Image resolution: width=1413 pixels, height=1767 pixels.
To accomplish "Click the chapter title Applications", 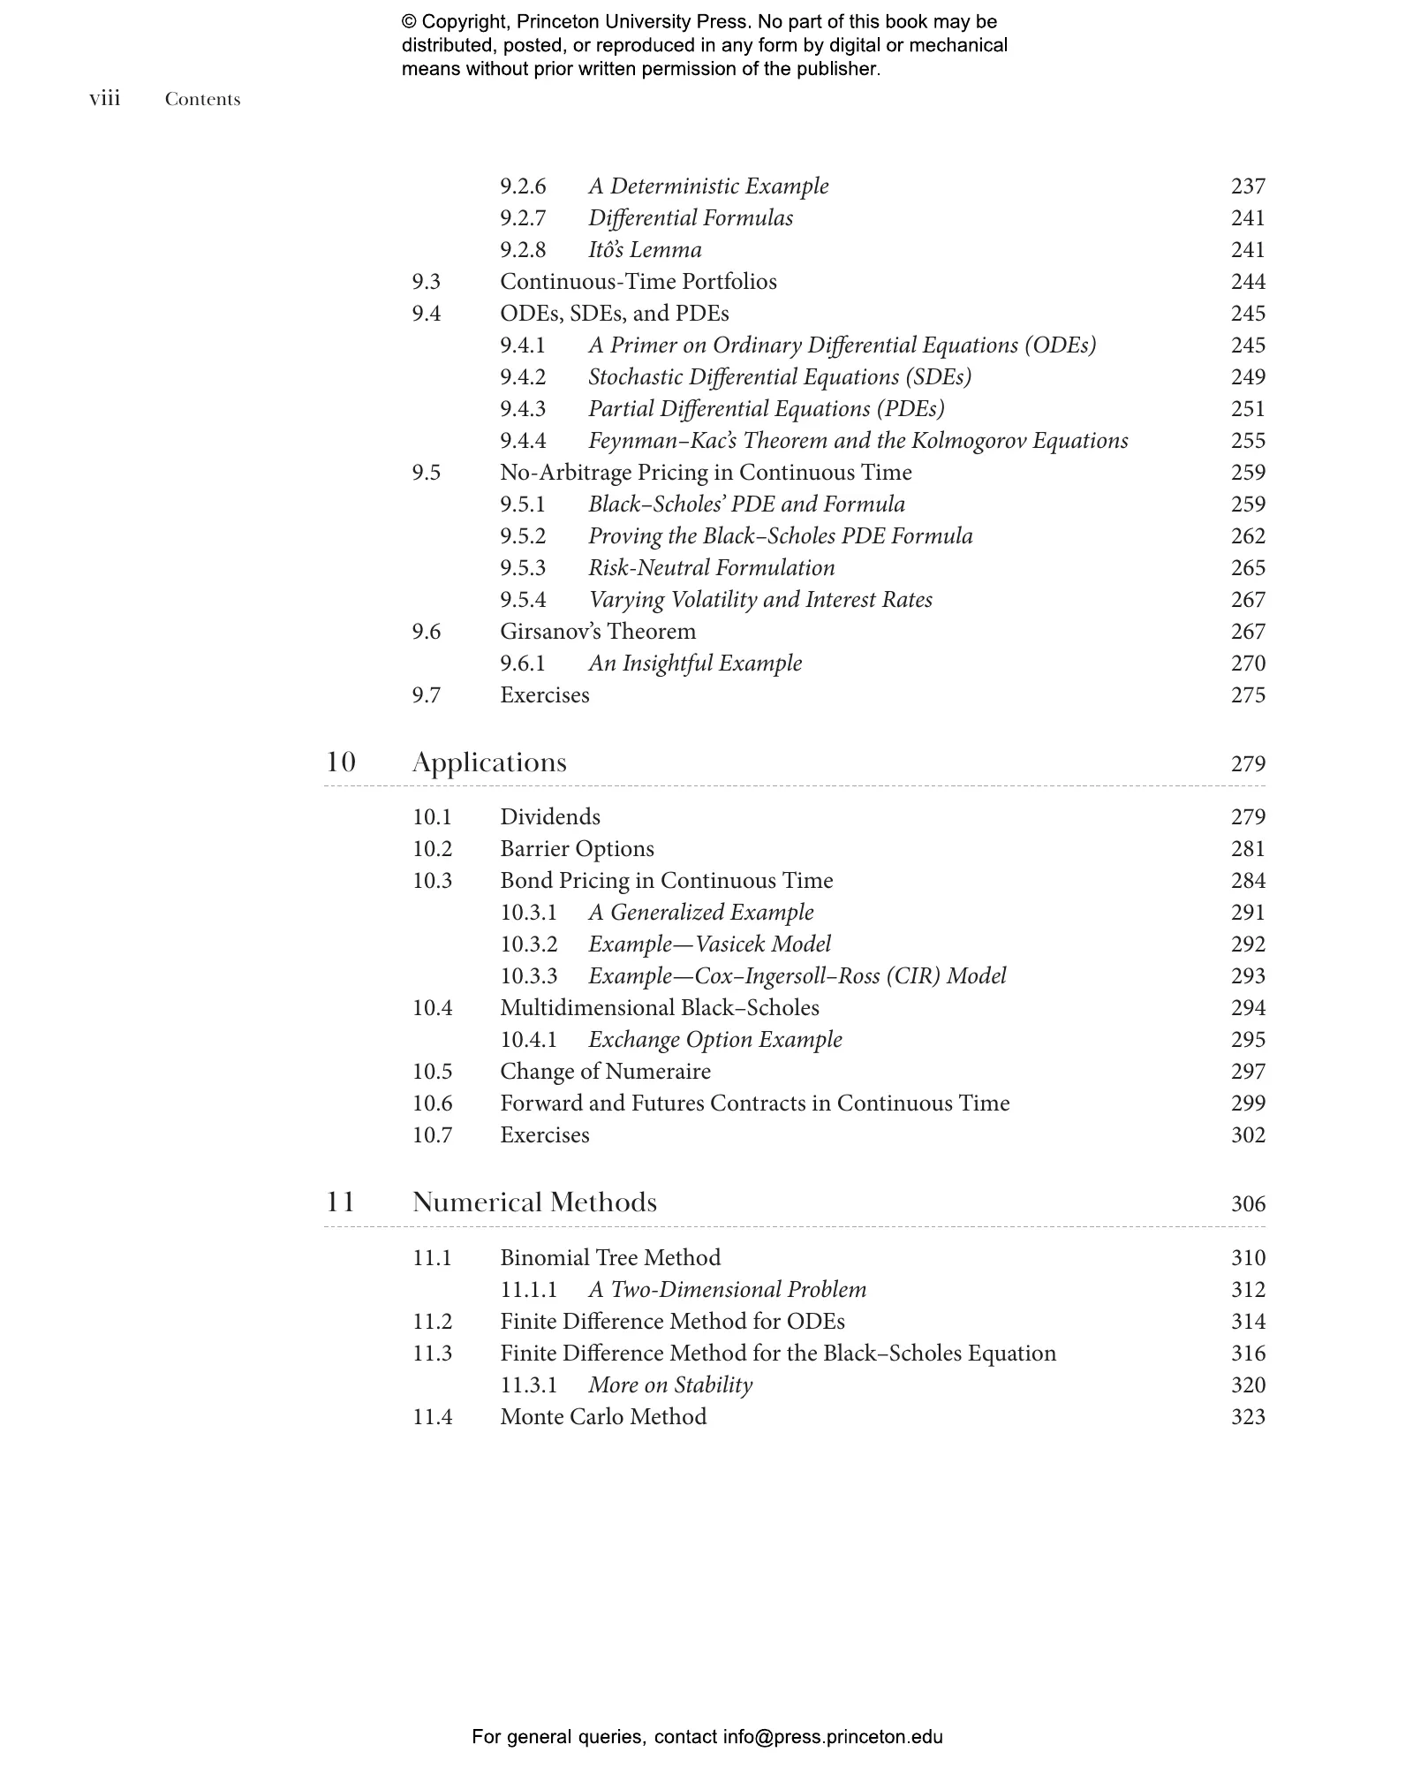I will [489, 762].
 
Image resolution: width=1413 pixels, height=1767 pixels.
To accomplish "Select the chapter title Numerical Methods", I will [534, 1202].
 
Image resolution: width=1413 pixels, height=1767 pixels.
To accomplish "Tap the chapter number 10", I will [341, 762].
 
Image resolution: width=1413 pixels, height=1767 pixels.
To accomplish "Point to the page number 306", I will [1248, 1204].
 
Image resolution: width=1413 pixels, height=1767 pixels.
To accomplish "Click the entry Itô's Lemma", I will [645, 250].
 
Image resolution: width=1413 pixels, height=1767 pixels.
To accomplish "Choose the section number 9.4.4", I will [523, 441].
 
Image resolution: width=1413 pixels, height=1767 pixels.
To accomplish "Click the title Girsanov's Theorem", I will [598, 632].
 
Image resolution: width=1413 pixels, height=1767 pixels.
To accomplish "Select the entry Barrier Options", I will [577, 849].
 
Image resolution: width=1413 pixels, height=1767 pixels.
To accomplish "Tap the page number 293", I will [1248, 976].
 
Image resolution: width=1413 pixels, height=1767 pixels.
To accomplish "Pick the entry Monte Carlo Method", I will [603, 1417].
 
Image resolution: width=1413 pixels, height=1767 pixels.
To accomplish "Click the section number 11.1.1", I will [528, 1290].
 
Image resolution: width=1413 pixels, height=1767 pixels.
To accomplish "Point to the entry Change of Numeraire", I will [605, 1072].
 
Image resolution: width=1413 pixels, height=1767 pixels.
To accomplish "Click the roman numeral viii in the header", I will [104, 99].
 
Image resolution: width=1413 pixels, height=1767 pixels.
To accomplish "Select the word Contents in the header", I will [202, 100].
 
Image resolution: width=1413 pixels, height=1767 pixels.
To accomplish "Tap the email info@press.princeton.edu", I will [832, 1737].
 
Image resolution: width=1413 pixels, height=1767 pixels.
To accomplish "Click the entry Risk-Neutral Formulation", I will [712, 568].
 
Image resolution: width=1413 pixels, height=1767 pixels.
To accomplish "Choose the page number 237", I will [1248, 186].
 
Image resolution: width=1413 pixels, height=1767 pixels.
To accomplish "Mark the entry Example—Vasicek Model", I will [710, 944].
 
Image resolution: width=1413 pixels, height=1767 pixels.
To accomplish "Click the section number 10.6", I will [432, 1103].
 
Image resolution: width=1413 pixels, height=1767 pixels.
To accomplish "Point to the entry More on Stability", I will [670, 1385].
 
